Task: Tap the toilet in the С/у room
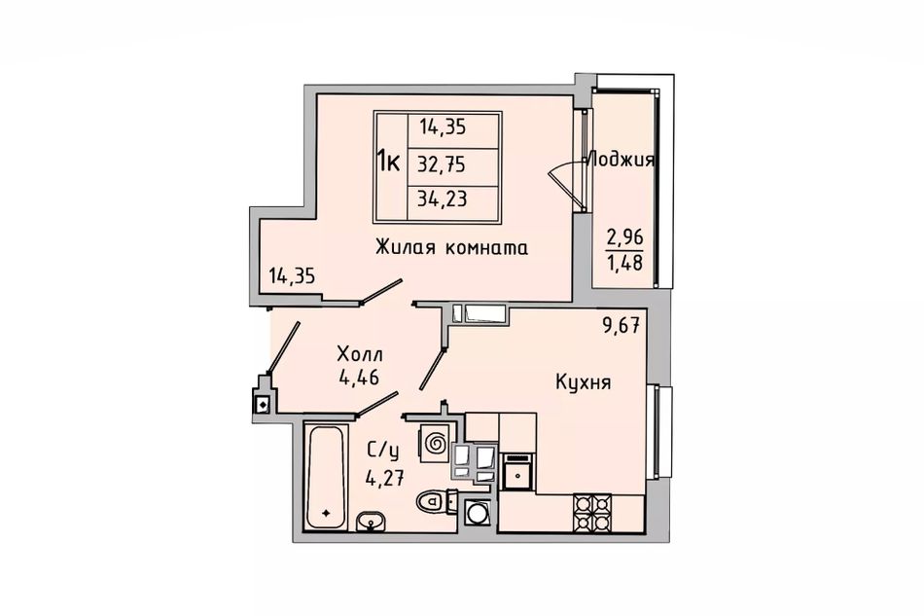[437, 501]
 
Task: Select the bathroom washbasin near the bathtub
[371, 521]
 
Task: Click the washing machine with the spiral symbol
[435, 442]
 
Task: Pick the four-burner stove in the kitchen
[593, 513]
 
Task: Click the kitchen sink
[516, 472]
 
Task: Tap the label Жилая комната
[452, 247]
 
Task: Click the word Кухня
[584, 382]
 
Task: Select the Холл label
[360, 354]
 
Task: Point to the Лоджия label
[622, 160]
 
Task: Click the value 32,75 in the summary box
[442, 164]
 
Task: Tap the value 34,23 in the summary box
[442, 199]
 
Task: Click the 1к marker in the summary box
[389, 160]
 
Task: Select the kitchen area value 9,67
[622, 325]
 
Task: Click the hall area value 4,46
[358, 376]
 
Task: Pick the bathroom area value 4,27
[385, 475]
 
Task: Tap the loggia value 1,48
[624, 262]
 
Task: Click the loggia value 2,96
[624, 238]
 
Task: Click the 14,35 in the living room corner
[292, 275]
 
